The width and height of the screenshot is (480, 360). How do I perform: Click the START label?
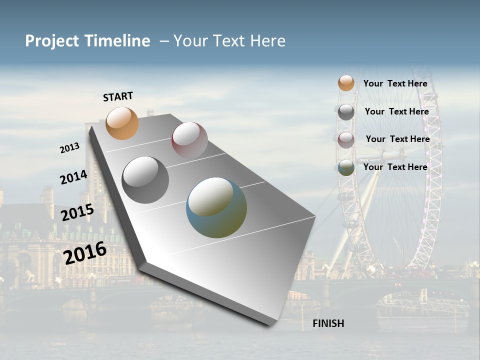tap(118, 96)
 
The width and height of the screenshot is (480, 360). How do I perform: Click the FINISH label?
tap(328, 323)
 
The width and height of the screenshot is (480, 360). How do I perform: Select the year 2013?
tap(70, 147)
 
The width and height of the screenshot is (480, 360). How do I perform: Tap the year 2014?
tap(73, 177)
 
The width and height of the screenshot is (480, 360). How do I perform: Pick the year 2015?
tap(77, 212)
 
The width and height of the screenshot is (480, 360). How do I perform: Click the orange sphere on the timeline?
tap(122, 123)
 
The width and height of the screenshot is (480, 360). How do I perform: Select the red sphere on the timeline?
tap(189, 140)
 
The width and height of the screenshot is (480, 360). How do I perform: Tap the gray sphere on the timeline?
tap(145, 179)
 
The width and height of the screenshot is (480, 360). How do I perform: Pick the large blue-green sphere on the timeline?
tap(216, 207)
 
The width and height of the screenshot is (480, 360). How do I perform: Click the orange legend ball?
tap(346, 83)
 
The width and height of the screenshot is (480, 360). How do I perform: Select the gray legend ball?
tap(346, 112)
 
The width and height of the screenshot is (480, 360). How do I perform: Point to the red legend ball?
tap(346, 140)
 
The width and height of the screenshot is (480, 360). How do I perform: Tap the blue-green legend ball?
tap(346, 168)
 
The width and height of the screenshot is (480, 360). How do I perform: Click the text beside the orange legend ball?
tap(395, 83)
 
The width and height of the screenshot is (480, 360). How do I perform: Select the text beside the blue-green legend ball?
tap(395, 167)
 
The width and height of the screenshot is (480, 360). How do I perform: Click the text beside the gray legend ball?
tap(396, 111)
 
